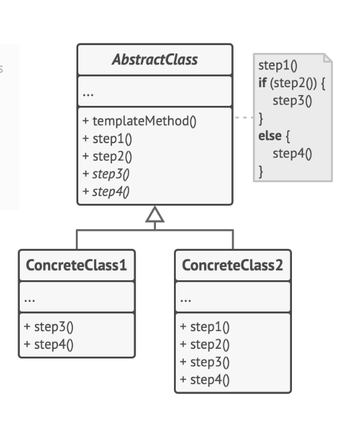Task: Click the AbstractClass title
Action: (155, 60)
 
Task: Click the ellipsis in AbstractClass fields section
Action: (88, 94)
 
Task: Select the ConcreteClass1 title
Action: (76, 265)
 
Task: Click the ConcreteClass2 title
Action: (232, 265)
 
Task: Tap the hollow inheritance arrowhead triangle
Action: (155, 214)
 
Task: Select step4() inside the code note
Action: (293, 154)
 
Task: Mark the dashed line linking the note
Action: (243, 118)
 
